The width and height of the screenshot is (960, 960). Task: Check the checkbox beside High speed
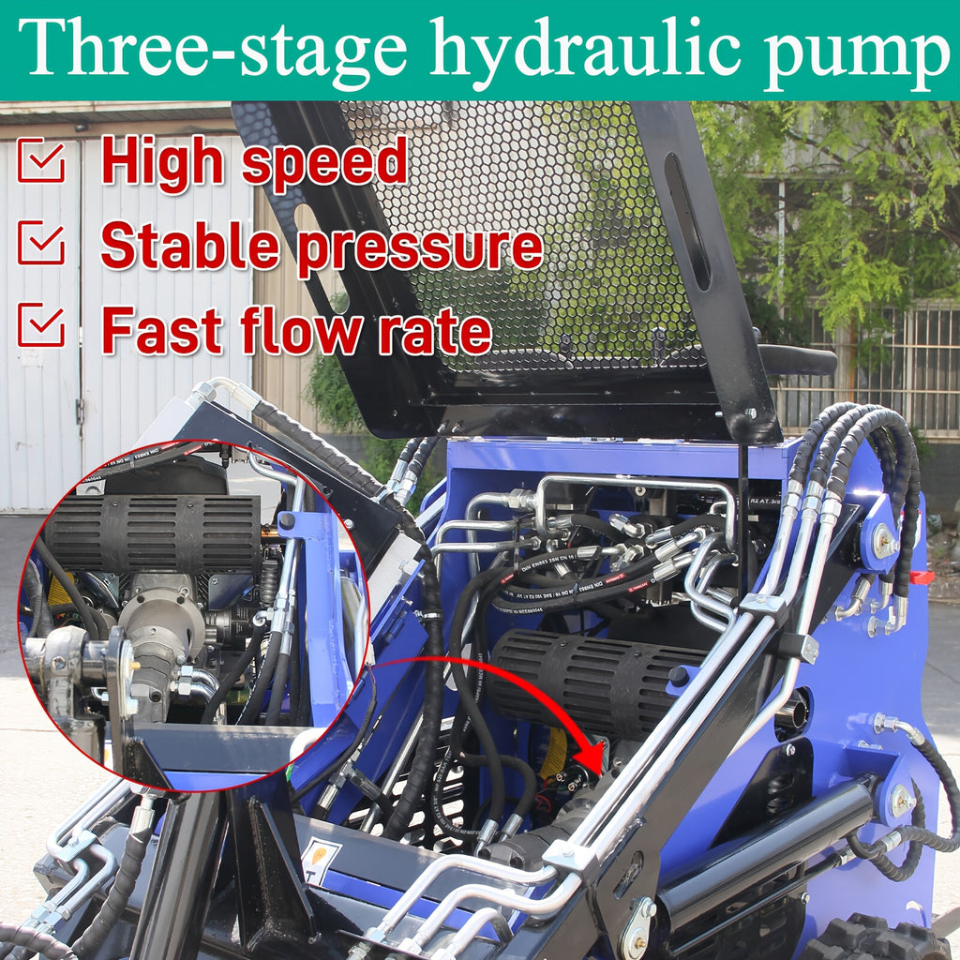point(41,161)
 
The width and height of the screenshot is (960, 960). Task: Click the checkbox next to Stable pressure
point(41,243)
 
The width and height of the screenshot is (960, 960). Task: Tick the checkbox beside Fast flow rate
point(41,326)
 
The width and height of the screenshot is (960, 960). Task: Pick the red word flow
point(299,330)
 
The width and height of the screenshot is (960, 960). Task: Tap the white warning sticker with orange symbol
point(320,861)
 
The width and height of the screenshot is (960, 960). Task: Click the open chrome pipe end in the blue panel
point(792,713)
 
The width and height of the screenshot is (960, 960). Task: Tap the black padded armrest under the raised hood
point(797,360)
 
